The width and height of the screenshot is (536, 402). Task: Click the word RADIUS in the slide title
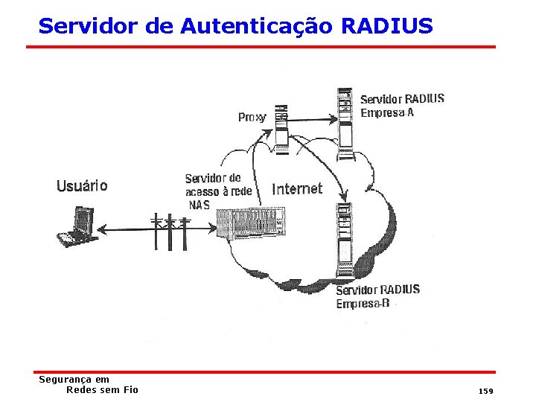point(386,27)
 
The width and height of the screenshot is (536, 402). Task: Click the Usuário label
point(82,186)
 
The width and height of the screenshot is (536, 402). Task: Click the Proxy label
point(252,117)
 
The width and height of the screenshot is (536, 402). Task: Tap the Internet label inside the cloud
point(297,188)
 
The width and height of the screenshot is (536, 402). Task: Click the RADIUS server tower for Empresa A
point(345,124)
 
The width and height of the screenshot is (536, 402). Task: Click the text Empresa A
point(387,113)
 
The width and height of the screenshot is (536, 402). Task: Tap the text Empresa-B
point(363,303)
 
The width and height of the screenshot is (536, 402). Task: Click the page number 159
point(486,391)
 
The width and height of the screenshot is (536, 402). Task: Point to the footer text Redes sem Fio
point(102,389)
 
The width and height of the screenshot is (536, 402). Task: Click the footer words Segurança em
point(74,380)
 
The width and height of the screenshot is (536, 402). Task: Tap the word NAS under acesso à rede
point(200,205)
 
